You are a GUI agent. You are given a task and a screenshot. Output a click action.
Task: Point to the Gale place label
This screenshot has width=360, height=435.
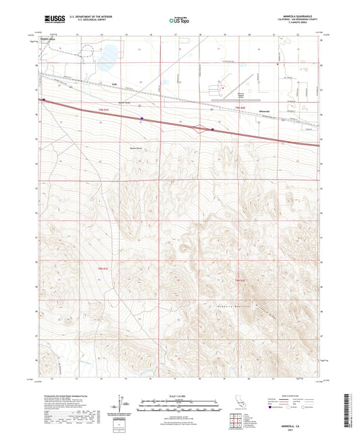point(115,85)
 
